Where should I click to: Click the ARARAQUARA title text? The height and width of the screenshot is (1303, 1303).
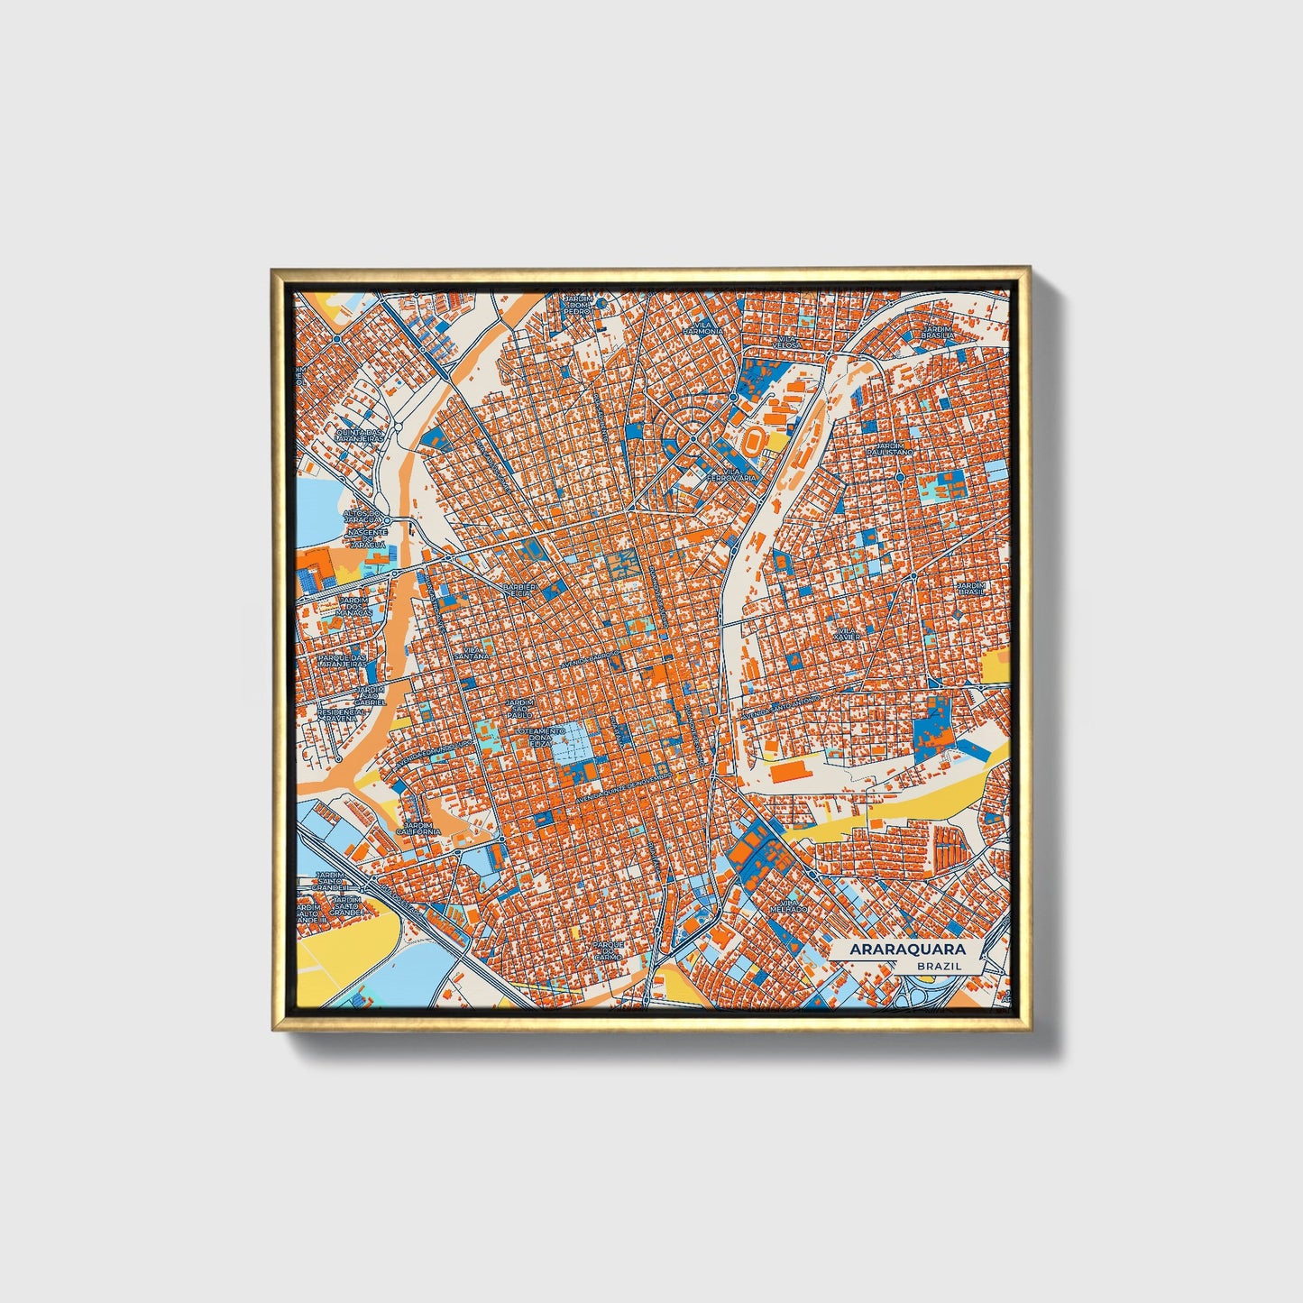click(x=907, y=950)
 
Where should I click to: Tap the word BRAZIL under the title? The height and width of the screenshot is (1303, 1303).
click(x=938, y=966)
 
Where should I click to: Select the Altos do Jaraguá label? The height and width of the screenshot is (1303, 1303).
click(x=364, y=516)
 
